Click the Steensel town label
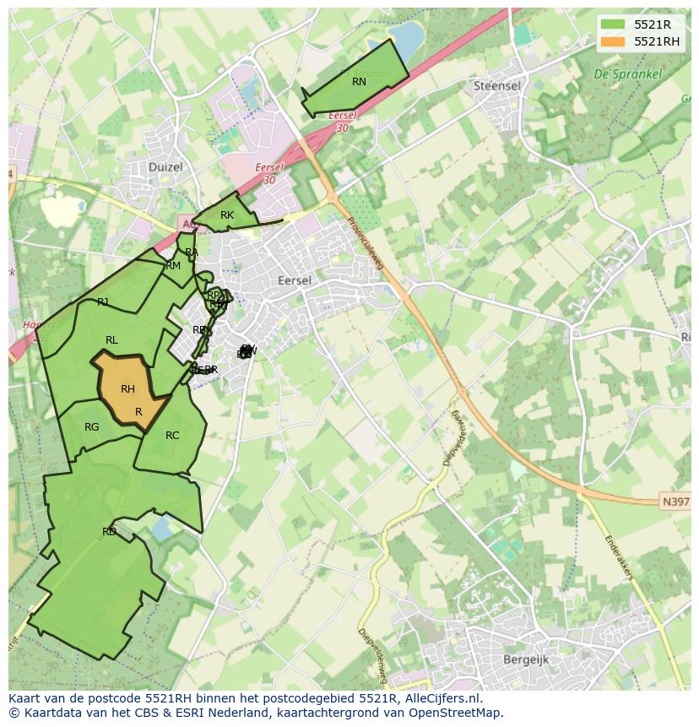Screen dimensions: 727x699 496,86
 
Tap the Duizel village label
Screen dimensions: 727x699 165,167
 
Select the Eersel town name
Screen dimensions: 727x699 294,280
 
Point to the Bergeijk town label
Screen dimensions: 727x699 525,659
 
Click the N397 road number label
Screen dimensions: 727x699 675,502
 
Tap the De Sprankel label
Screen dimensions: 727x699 627,74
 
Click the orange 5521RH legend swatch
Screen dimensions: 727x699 613,41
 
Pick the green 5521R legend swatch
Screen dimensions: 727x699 613,24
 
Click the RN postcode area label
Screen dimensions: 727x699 359,82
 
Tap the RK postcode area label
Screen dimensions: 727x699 226,215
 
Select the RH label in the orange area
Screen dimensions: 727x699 127,389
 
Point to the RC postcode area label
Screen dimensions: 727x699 172,436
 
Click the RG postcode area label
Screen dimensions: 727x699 91,427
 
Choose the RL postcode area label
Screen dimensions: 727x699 111,340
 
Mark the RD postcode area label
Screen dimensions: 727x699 109,532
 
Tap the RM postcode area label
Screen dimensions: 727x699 173,266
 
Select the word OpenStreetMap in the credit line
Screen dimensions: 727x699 452,713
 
